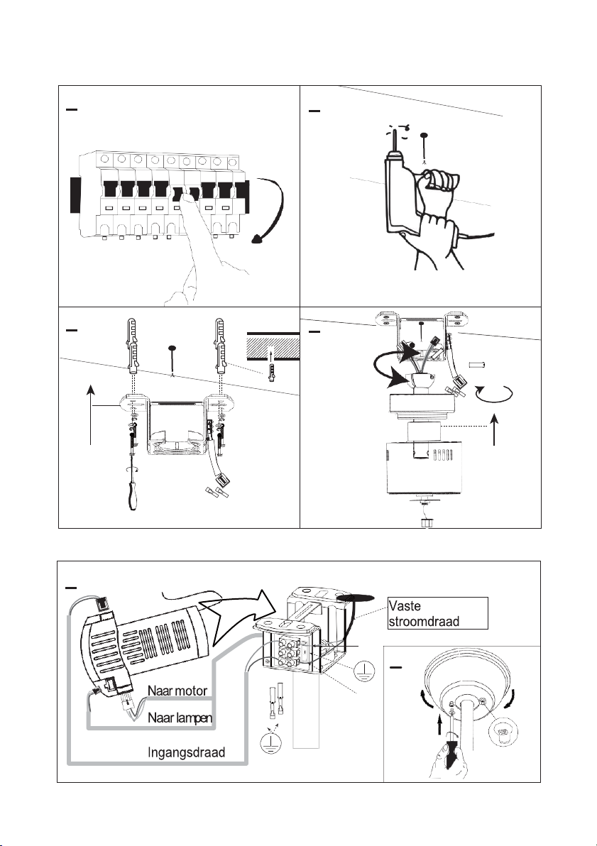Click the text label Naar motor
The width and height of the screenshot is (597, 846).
pyautogui.click(x=177, y=691)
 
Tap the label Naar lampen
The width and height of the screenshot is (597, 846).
pyautogui.click(x=180, y=718)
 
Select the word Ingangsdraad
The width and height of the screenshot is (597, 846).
pyautogui.click(x=186, y=752)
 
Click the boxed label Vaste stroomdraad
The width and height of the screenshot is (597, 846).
pyautogui.click(x=438, y=613)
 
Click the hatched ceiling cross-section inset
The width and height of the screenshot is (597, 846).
pyautogui.click(x=273, y=346)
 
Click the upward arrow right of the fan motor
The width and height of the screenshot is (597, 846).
pyautogui.click(x=495, y=429)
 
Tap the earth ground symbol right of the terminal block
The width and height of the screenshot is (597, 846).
pyautogui.click(x=365, y=671)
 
